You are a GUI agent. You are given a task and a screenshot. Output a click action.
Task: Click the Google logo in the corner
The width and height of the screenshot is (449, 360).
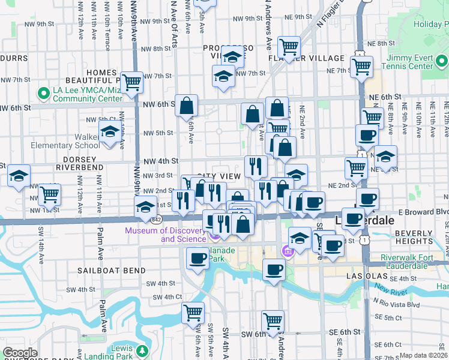(20, 353)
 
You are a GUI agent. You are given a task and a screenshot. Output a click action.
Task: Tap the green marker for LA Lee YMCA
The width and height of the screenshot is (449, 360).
(43, 94)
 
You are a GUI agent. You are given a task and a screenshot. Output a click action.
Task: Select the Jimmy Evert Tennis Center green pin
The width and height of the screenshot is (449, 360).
(441, 61)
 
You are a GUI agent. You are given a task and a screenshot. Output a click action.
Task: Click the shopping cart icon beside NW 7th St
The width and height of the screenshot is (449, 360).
(131, 82)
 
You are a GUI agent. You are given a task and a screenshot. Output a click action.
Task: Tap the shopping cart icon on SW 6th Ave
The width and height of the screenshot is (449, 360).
(193, 312)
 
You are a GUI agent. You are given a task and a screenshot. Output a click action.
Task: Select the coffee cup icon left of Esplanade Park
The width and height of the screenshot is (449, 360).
(197, 259)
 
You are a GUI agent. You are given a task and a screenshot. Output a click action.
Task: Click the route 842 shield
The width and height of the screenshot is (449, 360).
(157, 220)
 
